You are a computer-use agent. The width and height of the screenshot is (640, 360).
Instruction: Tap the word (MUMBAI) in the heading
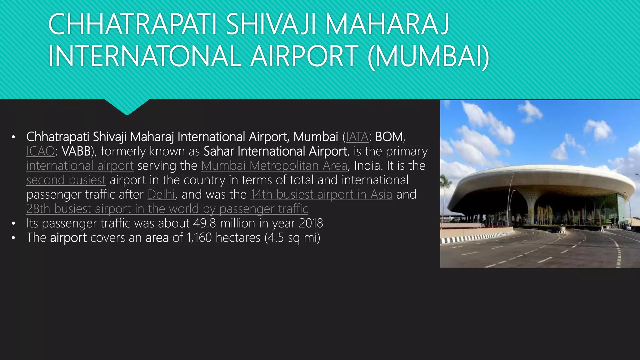tap(428, 57)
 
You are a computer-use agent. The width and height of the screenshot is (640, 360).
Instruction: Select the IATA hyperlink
tap(357, 137)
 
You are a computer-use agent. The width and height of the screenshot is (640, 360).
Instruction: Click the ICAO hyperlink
tap(41, 151)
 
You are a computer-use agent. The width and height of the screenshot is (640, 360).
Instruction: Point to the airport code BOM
tap(389, 137)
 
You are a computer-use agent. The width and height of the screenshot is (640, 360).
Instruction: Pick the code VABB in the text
tap(76, 151)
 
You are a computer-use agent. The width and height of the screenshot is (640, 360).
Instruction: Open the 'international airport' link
tap(80, 166)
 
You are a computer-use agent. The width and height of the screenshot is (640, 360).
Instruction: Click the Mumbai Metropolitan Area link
tap(274, 166)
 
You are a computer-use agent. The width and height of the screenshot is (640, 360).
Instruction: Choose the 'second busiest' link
tap(66, 180)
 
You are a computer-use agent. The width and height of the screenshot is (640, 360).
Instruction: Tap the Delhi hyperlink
tap(161, 194)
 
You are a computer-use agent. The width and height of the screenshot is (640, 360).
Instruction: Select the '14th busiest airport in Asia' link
tap(321, 194)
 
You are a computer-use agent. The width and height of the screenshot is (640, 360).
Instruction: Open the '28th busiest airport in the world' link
tap(167, 209)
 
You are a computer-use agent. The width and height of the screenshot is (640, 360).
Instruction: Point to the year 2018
tap(311, 223)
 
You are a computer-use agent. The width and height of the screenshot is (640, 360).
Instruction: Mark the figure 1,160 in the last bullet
tap(199, 237)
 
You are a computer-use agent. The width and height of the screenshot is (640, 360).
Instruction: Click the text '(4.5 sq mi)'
tap(292, 237)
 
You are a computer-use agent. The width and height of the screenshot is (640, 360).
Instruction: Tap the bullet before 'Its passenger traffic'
tap(13, 223)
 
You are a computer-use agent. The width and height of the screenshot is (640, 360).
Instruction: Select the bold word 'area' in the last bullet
tap(157, 237)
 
